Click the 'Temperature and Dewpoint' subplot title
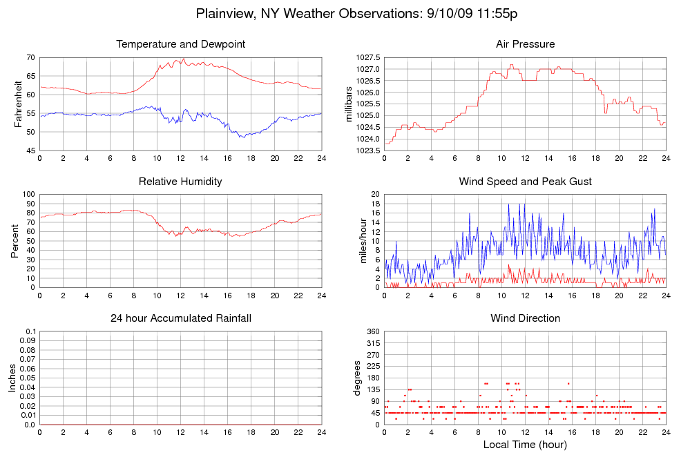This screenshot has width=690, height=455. (x=181, y=44)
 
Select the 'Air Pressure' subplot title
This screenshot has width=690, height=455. (x=525, y=44)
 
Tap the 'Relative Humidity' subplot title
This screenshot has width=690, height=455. (x=181, y=182)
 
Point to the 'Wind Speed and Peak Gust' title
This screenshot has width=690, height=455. (x=525, y=182)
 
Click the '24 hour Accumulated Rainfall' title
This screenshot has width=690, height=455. (x=181, y=318)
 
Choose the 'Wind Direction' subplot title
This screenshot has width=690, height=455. (x=525, y=318)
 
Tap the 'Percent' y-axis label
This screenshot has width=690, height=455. (x=15, y=241)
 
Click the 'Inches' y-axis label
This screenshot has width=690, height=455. (x=12, y=378)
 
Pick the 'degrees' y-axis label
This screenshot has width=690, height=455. (x=357, y=378)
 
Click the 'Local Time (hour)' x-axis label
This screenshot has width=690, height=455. (x=525, y=445)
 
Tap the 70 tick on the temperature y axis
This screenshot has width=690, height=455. (x=31, y=57)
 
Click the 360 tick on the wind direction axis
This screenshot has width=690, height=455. (x=373, y=332)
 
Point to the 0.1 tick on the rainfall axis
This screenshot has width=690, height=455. (x=30, y=332)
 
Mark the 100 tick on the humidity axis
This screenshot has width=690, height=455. (x=29, y=195)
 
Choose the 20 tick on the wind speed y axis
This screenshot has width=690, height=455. (x=376, y=195)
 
